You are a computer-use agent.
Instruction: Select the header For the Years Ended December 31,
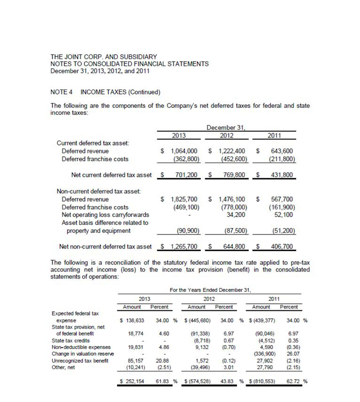coord(210,290)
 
